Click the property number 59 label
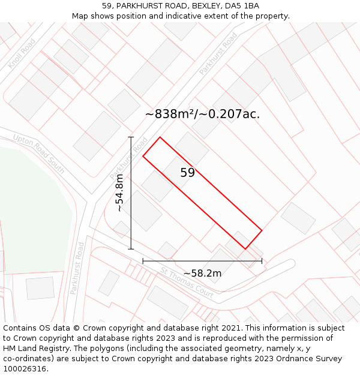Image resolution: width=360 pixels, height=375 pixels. click(x=187, y=173)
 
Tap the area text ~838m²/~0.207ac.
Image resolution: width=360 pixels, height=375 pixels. click(x=202, y=114)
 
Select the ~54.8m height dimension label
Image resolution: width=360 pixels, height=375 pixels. click(x=119, y=193)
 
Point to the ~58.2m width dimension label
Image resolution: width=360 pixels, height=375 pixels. click(x=202, y=274)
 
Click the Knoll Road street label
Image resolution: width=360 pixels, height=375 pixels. click(x=22, y=53)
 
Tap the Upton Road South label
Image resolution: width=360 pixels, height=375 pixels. click(x=38, y=154)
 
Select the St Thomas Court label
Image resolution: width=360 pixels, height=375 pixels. click(x=187, y=283)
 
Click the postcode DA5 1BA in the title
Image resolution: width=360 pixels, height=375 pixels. click(x=242, y=6)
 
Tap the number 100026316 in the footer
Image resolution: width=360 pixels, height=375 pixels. click(x=25, y=369)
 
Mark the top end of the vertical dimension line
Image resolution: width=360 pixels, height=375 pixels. click(x=131, y=137)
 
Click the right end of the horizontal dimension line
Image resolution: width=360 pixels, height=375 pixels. click(x=262, y=261)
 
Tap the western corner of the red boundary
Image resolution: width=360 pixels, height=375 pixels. click(x=143, y=157)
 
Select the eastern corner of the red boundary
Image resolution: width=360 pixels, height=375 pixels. click(x=262, y=230)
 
